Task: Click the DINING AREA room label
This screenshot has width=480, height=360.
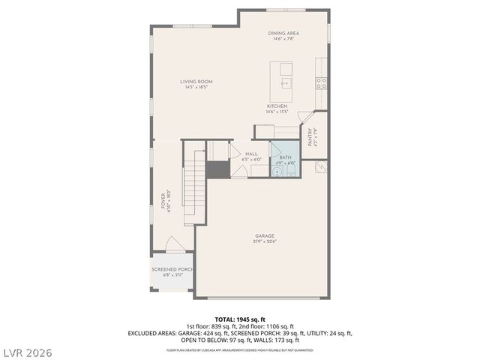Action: (283, 33)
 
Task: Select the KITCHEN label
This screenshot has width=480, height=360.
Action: (277, 106)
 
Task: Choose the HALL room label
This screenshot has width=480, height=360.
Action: (251, 154)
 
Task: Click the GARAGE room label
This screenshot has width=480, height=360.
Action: (264, 236)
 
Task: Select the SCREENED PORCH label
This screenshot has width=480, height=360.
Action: (172, 269)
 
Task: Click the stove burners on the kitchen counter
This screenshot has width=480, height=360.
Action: (321, 82)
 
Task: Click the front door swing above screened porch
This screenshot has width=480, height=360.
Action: (172, 244)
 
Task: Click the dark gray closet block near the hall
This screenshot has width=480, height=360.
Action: (217, 169)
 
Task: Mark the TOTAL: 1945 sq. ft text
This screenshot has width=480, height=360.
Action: (240, 319)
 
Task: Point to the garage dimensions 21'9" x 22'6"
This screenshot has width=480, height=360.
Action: (264, 241)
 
